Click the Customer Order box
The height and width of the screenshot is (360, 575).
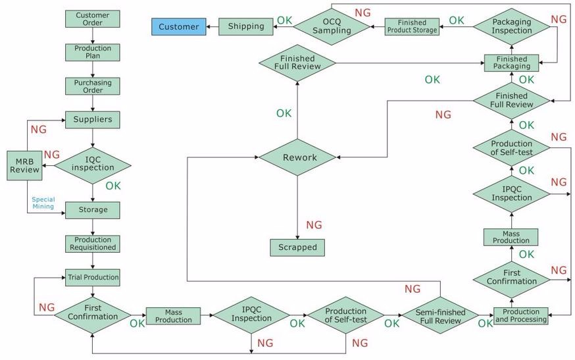(x=93, y=19)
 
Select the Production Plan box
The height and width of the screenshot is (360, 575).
(x=93, y=52)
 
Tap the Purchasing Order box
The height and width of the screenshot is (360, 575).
(x=93, y=86)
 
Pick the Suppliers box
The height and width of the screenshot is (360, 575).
(x=93, y=120)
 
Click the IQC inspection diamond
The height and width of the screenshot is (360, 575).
(x=93, y=164)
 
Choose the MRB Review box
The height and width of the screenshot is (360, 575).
(x=24, y=166)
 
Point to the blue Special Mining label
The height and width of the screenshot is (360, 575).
(x=43, y=203)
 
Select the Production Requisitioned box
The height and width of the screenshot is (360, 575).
(x=93, y=244)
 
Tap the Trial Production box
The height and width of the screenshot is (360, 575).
(x=93, y=278)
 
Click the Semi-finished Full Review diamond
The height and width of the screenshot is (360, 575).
(x=441, y=317)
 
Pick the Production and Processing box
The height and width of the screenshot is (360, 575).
(x=520, y=315)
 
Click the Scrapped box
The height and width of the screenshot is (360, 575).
(x=297, y=247)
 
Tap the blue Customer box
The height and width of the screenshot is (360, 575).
(x=178, y=27)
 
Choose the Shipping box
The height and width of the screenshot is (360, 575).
(x=246, y=26)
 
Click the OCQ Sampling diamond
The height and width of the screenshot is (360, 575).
(x=332, y=26)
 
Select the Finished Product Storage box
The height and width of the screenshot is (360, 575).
(x=412, y=26)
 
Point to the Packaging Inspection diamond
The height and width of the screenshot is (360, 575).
(x=512, y=26)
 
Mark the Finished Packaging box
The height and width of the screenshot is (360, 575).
(x=512, y=63)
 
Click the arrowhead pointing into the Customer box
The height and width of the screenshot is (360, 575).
(x=210, y=27)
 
